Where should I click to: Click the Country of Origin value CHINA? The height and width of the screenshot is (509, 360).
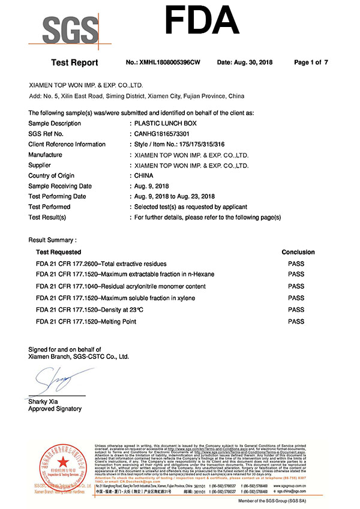click(x=144, y=175)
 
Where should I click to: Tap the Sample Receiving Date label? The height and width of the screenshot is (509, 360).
click(x=60, y=186)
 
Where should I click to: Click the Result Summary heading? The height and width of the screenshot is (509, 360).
click(x=52, y=240)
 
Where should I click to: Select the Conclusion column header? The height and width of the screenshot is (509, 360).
click(x=298, y=252)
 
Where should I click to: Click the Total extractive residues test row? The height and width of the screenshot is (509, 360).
click(x=101, y=264)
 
